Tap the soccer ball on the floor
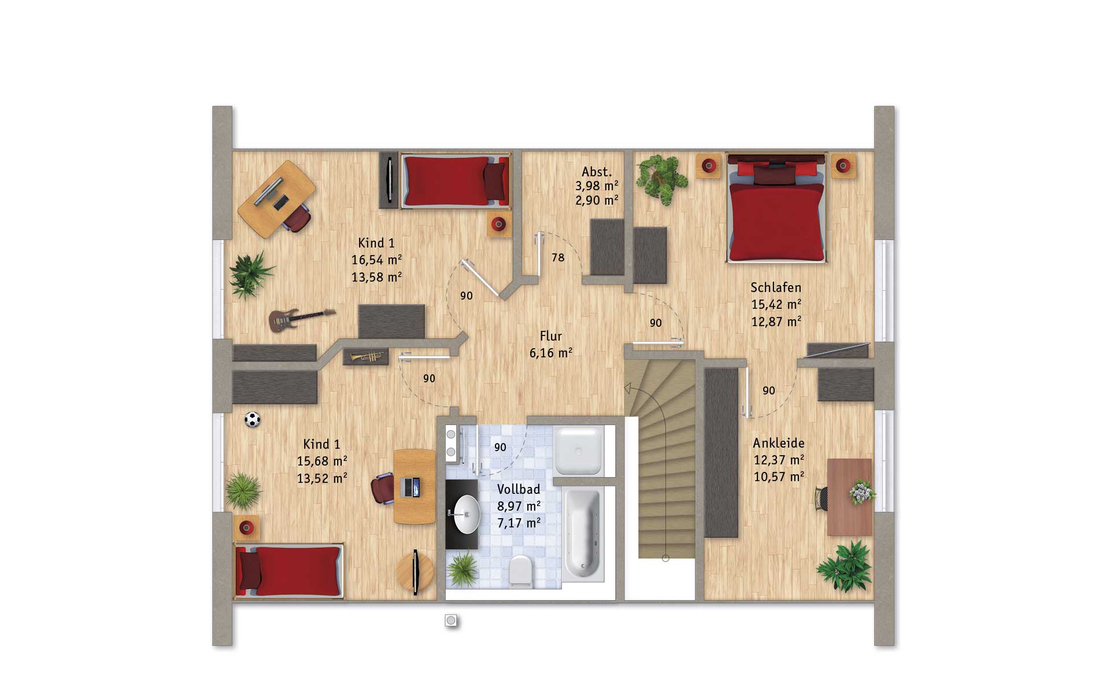tap(252, 419)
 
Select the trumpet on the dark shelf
tap(367, 357)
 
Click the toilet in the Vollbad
tap(521, 571)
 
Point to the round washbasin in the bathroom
tap(466, 514)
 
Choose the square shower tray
tap(579, 451)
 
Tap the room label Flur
tap(551, 336)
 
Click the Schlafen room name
tap(776, 287)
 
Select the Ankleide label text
tap(779, 443)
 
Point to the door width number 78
tap(558, 257)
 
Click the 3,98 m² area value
tap(597, 186)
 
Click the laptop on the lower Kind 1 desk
tap(410, 487)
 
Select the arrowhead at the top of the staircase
tap(627, 389)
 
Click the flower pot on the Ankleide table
tap(861, 492)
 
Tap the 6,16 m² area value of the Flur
tap(551, 353)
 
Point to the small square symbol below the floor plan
tap(451, 621)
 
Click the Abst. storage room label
tap(597, 172)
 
